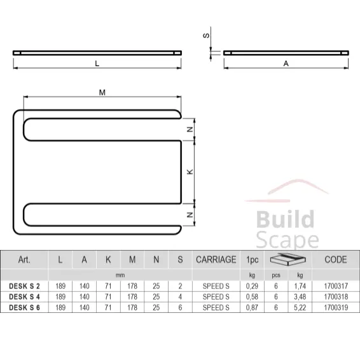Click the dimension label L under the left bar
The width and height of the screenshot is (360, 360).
tap(97, 63)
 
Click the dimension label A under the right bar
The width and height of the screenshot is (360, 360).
tap(286, 63)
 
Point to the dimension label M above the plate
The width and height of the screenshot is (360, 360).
tap(102, 92)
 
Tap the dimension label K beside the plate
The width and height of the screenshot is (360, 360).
tap(189, 172)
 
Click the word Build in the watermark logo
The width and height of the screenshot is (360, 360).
tap(284, 220)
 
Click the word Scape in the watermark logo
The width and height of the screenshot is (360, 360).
tap(286, 240)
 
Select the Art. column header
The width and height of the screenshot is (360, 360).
tap(25, 260)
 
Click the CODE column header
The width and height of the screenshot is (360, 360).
tap(335, 260)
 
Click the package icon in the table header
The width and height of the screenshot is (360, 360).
tap(286, 260)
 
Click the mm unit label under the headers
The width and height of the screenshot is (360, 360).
tap(120, 275)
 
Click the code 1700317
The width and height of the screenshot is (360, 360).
tap(335, 287)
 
